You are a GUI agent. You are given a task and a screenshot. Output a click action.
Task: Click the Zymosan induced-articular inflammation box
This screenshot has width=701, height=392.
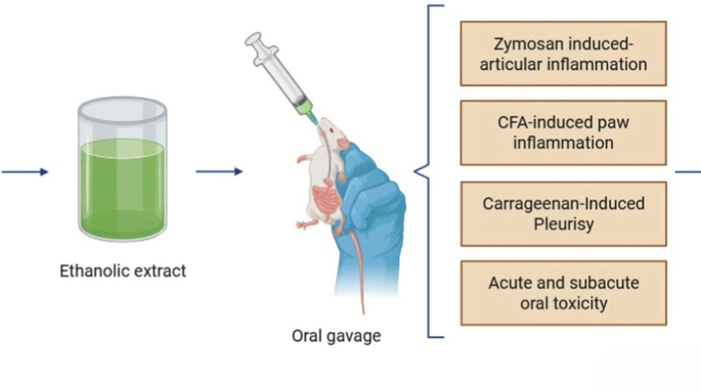click(563, 53)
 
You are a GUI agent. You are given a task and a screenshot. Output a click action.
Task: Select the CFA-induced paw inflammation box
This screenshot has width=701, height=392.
click(563, 133)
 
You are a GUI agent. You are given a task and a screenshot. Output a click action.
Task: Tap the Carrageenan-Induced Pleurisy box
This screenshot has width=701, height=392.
click(563, 213)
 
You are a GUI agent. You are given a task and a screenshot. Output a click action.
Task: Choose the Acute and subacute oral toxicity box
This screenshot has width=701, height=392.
click(563, 293)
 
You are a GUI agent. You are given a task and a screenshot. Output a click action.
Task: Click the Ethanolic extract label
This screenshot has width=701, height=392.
click(122, 272)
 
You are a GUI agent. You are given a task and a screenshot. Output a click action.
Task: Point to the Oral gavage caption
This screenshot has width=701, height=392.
click(336, 336)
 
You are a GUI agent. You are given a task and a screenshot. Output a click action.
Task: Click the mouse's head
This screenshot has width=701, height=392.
click(333, 134)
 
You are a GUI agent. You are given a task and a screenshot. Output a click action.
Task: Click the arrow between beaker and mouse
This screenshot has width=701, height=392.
click(219, 171)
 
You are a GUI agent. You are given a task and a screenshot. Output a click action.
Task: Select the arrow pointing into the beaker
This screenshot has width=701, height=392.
click(25, 172)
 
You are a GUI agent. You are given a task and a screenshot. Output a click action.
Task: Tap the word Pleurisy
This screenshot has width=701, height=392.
click(564, 224)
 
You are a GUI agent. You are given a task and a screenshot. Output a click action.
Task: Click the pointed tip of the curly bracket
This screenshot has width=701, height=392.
click(416, 172)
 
